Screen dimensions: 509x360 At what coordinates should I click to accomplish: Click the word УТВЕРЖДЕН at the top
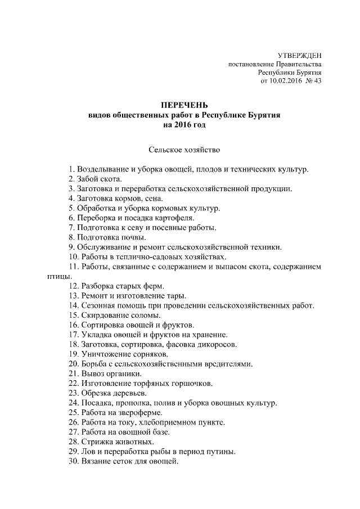tap(300, 55)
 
